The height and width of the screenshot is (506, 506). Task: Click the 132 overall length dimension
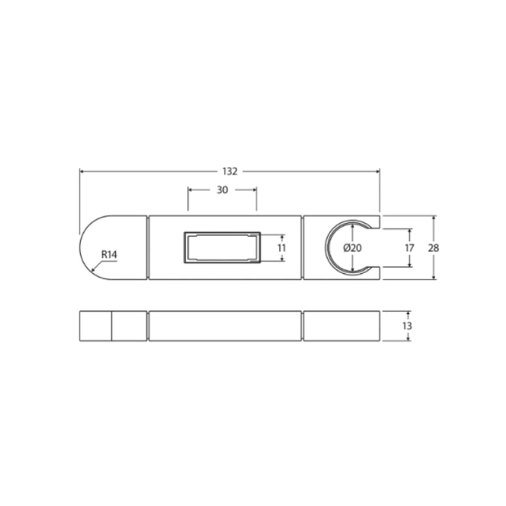tap(230, 171)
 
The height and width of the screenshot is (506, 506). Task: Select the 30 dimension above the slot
tap(222, 190)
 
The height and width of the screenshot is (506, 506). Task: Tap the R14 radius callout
tap(109, 255)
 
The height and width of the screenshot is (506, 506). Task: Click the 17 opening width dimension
tap(409, 247)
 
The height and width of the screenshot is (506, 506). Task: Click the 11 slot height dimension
tap(282, 247)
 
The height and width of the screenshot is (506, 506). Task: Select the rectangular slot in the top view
tap(222, 247)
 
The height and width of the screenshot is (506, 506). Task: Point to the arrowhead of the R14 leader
tap(93, 271)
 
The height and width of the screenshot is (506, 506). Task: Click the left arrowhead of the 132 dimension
tap(82, 171)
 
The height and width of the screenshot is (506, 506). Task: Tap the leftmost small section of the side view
tap(95, 326)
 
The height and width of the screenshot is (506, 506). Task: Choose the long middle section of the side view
tap(225, 326)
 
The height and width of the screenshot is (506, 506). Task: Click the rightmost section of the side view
tap(342, 326)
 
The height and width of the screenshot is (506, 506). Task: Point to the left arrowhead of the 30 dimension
tap(190, 190)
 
